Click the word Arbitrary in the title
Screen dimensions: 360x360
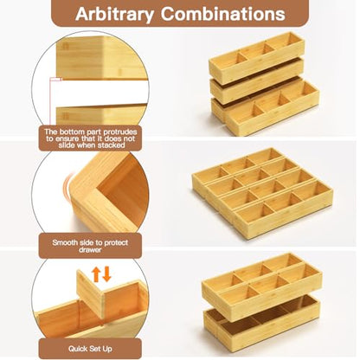pos(114,14)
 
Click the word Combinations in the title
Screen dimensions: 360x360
pos(223,13)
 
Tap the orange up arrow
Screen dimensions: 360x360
pos(96,274)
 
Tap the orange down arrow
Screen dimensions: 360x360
pos(106,274)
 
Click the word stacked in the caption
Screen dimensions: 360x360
pos(111,145)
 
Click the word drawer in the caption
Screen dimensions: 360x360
pos(90,250)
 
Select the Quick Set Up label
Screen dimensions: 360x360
pos(90,349)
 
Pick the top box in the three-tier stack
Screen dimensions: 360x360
pos(256,57)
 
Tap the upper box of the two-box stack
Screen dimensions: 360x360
pos(262,286)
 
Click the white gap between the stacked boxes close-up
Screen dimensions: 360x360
pos(101,93)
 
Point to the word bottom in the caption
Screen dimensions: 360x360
pos(71,132)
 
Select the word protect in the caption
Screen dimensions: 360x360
pos(116,243)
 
